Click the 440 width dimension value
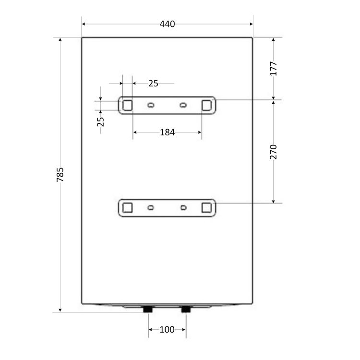167,24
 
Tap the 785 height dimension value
60,175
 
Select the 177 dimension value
273,69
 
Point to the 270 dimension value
273,152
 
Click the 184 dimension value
167,132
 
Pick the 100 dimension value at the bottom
167,330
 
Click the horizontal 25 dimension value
153,84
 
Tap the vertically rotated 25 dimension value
101,122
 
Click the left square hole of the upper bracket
127,106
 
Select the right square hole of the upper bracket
206,106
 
